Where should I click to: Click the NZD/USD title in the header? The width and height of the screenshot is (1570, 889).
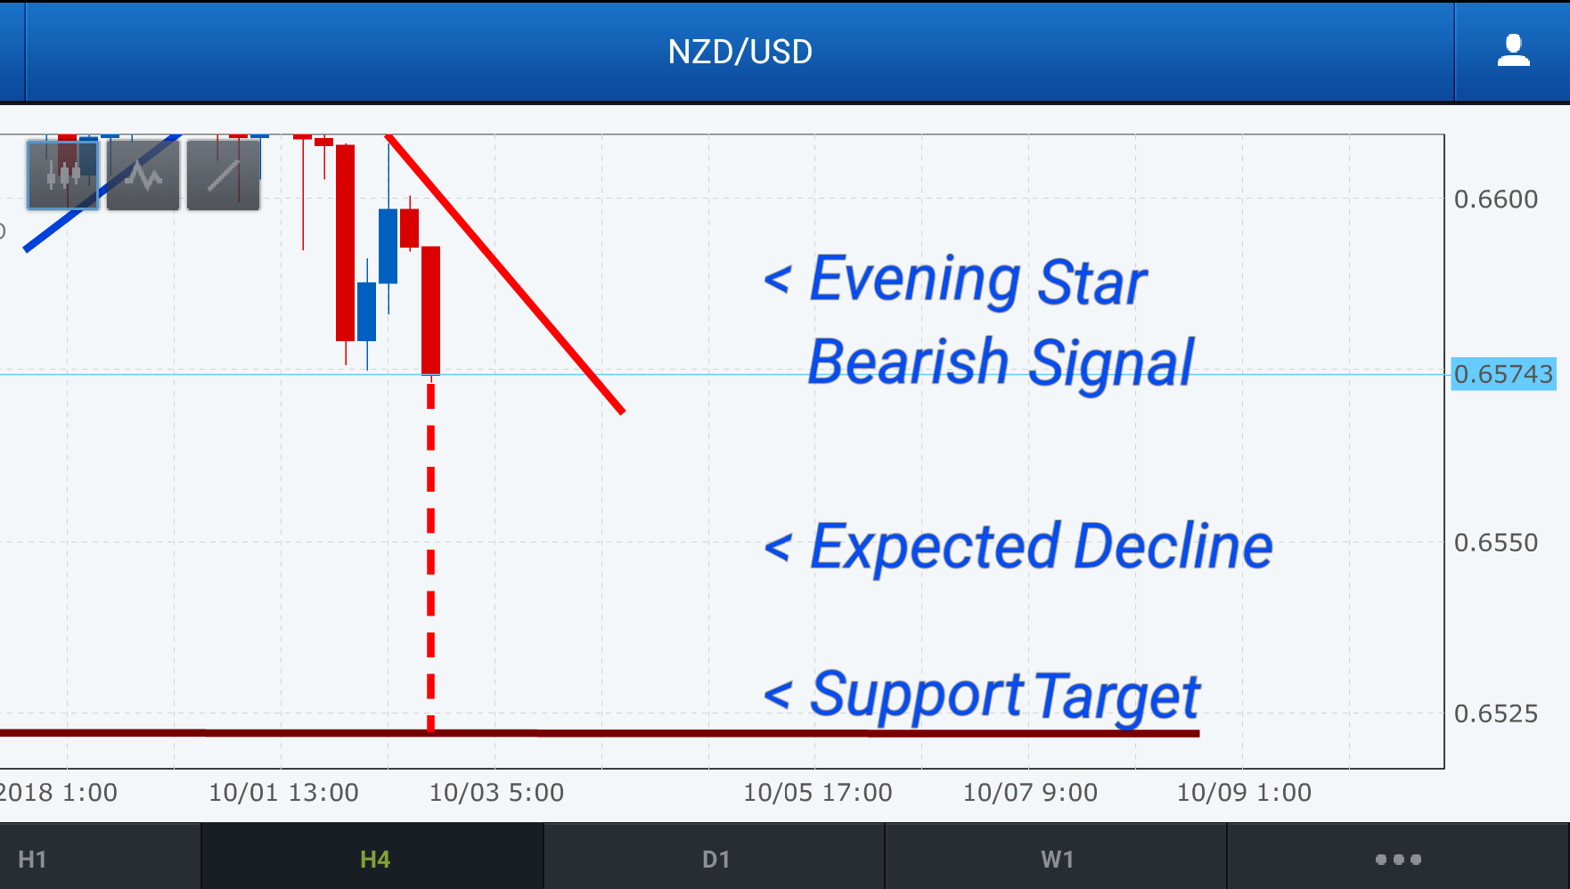tap(740, 52)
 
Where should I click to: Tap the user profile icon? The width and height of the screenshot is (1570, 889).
tap(1513, 51)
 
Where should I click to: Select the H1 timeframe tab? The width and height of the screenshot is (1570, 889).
tap(32, 860)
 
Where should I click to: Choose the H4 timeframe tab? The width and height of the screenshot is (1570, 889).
tap(374, 860)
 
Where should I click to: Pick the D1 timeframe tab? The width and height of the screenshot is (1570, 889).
tap(715, 860)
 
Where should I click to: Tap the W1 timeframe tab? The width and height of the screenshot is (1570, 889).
tap(1057, 860)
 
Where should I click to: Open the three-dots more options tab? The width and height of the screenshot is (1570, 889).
tap(1398, 860)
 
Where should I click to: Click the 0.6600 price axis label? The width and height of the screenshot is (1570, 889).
tap(1496, 199)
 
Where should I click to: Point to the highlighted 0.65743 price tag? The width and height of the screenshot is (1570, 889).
tap(1503, 374)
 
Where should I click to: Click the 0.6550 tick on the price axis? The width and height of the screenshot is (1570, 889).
tap(1496, 542)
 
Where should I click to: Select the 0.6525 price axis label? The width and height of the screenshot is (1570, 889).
tap(1496, 714)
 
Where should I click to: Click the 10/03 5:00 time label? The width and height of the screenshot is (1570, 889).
tap(496, 793)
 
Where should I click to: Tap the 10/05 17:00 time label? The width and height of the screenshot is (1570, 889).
tap(818, 793)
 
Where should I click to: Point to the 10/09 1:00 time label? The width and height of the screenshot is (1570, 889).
tap(1244, 793)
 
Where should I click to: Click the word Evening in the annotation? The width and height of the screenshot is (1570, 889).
tap(915, 281)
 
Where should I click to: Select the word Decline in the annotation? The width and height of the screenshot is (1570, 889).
tap(1173, 546)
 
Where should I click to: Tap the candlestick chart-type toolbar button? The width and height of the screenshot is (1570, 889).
tap(62, 175)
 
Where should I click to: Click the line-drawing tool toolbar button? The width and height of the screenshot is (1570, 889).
tap(223, 175)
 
